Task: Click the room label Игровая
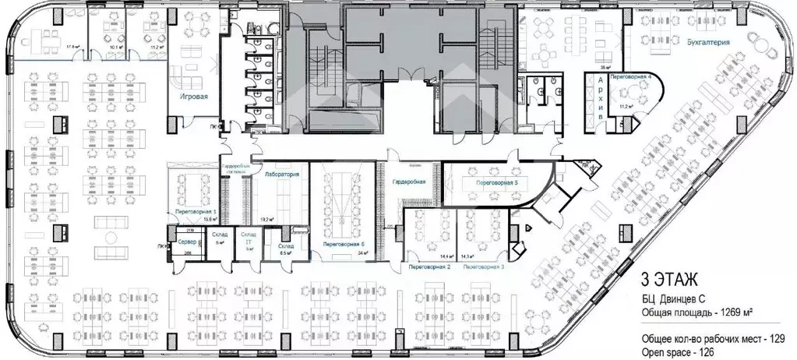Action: (x=192, y=97)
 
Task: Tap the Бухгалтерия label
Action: (x=708, y=43)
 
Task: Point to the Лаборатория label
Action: (x=282, y=175)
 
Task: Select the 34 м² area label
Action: (x=363, y=253)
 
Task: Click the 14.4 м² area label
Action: (x=446, y=256)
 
